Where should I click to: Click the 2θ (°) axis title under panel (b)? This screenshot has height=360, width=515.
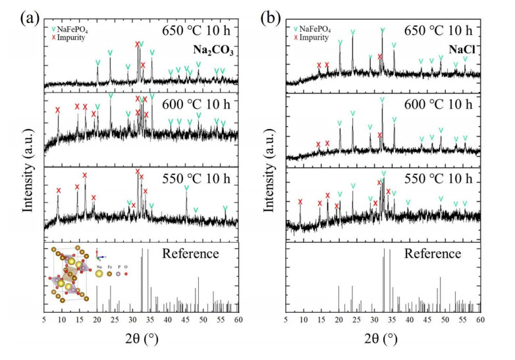(x=382, y=340)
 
